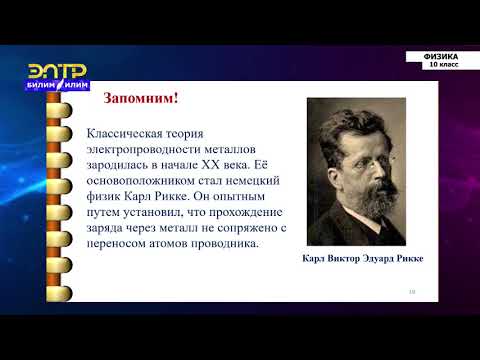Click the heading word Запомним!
pyautogui.click(x=142, y=98)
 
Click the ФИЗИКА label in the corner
pyautogui.click(x=435, y=56)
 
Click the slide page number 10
pyautogui.click(x=411, y=291)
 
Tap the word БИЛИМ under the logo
pyautogui.click(x=43, y=85)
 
